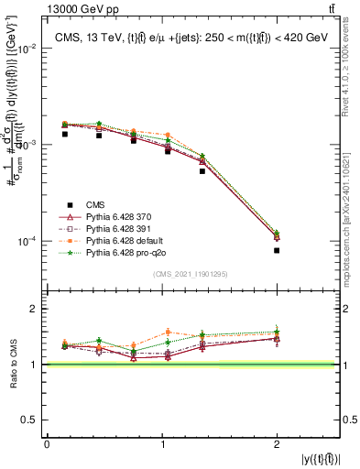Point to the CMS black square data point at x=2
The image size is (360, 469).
coord(277,250)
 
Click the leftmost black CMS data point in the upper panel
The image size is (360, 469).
coord(65,134)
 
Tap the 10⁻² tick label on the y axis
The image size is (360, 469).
coord(31,49)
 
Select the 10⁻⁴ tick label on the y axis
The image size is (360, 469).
coord(31,242)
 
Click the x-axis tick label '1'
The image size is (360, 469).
coord(161,443)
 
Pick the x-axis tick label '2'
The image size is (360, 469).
coord(277,443)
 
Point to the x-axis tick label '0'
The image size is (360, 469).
coord(47,443)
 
